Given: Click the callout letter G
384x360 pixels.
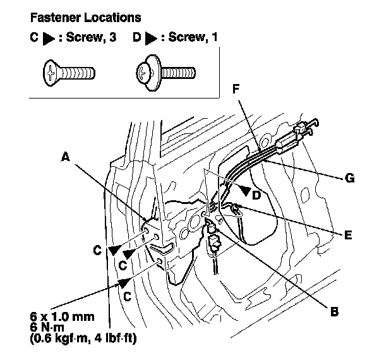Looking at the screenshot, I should [x=349, y=179].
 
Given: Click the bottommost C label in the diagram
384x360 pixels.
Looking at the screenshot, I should [x=127, y=295].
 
